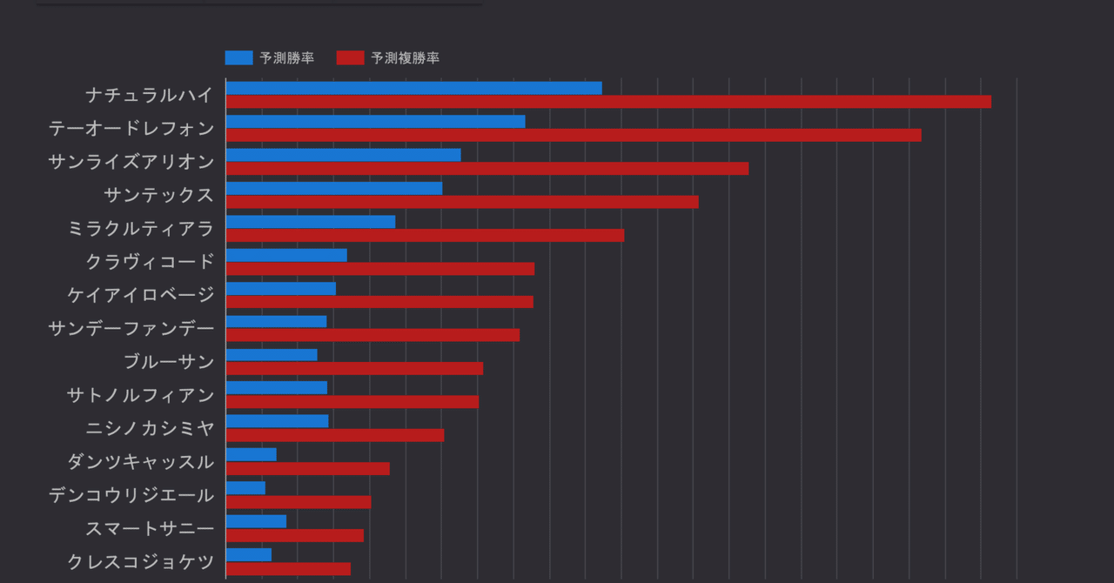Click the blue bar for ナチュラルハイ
click(x=413, y=88)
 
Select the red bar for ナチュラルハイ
click(x=608, y=102)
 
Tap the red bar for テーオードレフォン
click(x=574, y=135)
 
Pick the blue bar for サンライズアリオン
click(x=343, y=155)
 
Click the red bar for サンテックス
click(x=462, y=202)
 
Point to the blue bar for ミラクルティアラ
click(x=311, y=222)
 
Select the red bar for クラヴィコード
click(x=380, y=269)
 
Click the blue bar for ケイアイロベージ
click(x=281, y=288)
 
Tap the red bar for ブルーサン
click(x=354, y=368)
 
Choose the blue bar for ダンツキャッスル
click(x=252, y=454)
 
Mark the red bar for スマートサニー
click(x=295, y=535)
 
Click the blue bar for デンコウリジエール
click(x=245, y=488)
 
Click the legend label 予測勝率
click(x=286, y=58)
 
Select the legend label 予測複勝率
click(x=405, y=58)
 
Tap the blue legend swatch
click(x=238, y=58)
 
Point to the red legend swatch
click(x=350, y=58)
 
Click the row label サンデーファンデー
click(x=131, y=328)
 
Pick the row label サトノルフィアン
click(x=141, y=395)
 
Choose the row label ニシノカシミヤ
click(x=150, y=428)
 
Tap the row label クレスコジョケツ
click(x=141, y=561)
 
